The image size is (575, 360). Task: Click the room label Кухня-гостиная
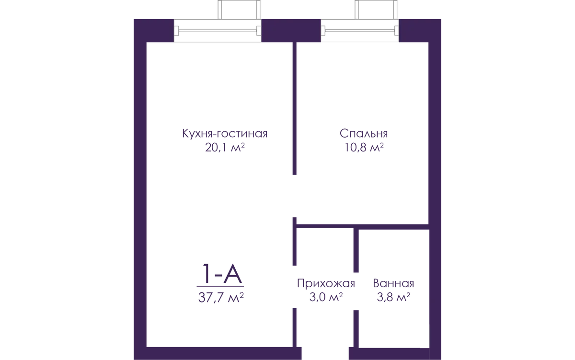point(225,134)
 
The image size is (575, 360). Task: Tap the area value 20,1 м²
point(225,147)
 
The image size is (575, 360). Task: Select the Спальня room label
point(364,134)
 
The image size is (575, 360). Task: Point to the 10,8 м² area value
point(364,147)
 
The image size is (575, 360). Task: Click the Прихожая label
point(326,283)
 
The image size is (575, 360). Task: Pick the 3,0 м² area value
point(326,297)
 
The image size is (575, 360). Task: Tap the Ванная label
point(393,283)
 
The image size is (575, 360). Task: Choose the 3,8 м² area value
point(393,297)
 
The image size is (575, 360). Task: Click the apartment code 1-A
point(222,274)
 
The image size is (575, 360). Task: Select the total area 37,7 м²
point(221,298)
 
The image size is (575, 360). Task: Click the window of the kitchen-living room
point(218,31)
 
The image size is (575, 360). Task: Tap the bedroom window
point(360,31)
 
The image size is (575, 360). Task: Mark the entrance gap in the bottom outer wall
point(325,354)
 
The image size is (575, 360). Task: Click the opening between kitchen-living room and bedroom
point(295,196)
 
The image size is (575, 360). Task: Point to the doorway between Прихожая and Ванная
point(356,291)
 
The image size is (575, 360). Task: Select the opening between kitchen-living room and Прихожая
point(295,287)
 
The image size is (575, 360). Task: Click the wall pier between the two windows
point(291,31)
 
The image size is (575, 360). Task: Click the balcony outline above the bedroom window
point(376,10)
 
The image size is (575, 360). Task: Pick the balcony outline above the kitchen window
point(239,10)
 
